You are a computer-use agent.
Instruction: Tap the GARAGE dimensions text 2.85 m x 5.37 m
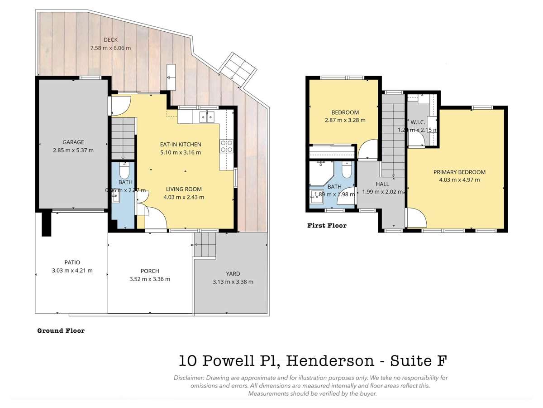pos(73,150)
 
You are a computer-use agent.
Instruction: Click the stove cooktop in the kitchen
pos(226,146)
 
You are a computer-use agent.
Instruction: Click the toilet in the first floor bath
pos(347,170)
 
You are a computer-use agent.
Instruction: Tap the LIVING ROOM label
pos(184,189)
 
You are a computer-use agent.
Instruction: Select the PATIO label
pos(72,262)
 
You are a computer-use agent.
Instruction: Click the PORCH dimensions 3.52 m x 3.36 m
pos(150,279)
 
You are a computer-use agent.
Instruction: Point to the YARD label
pos(233,273)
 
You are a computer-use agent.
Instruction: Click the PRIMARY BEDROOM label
pos(459,172)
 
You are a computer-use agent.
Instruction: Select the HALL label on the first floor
pos(382,184)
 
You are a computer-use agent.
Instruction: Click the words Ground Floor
pos(61,330)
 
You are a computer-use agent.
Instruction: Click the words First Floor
pos(327,225)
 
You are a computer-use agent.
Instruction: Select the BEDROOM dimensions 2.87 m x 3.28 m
pos(345,120)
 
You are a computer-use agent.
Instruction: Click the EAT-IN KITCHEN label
pos(181,144)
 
